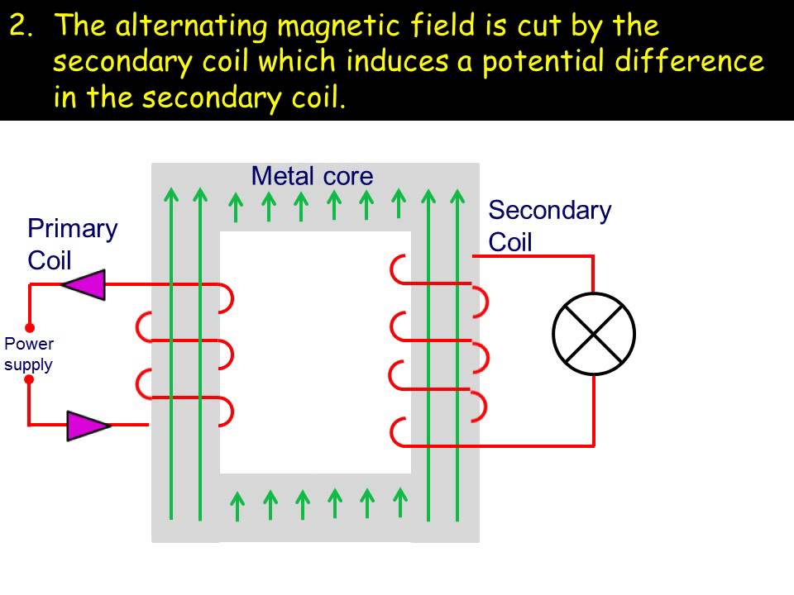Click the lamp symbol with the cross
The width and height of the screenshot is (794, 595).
(x=594, y=334)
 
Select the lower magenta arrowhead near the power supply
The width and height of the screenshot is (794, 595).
(x=86, y=425)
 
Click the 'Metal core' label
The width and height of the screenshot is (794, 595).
(x=312, y=176)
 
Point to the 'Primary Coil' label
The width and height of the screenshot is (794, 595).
(x=72, y=244)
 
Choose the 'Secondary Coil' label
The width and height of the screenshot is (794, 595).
(x=549, y=226)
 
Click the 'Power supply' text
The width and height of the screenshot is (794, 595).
(x=29, y=354)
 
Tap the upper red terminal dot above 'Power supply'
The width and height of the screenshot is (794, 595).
(x=29, y=327)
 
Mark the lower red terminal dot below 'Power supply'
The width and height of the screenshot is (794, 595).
(x=29, y=380)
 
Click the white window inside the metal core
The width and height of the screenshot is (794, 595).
(x=315, y=351)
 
